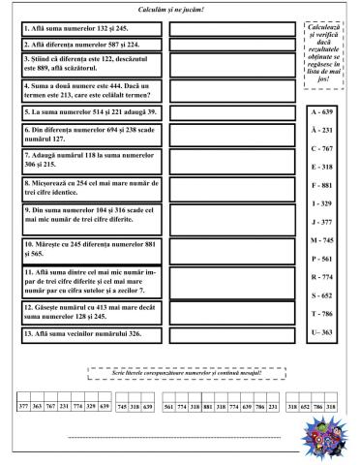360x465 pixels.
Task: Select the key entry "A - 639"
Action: tap(322, 113)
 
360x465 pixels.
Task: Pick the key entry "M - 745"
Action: tap(322, 240)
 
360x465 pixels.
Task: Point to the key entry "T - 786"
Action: tap(322, 314)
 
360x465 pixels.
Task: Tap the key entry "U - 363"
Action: tap(322, 333)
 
